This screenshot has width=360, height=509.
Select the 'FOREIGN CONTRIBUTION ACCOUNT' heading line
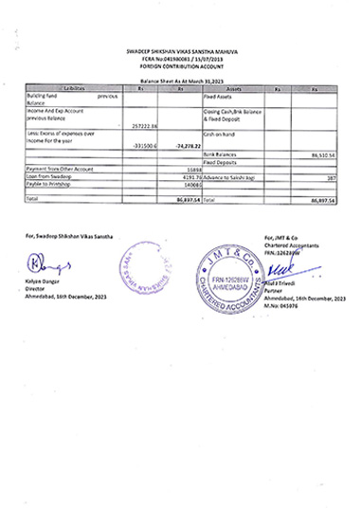click(179, 64)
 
